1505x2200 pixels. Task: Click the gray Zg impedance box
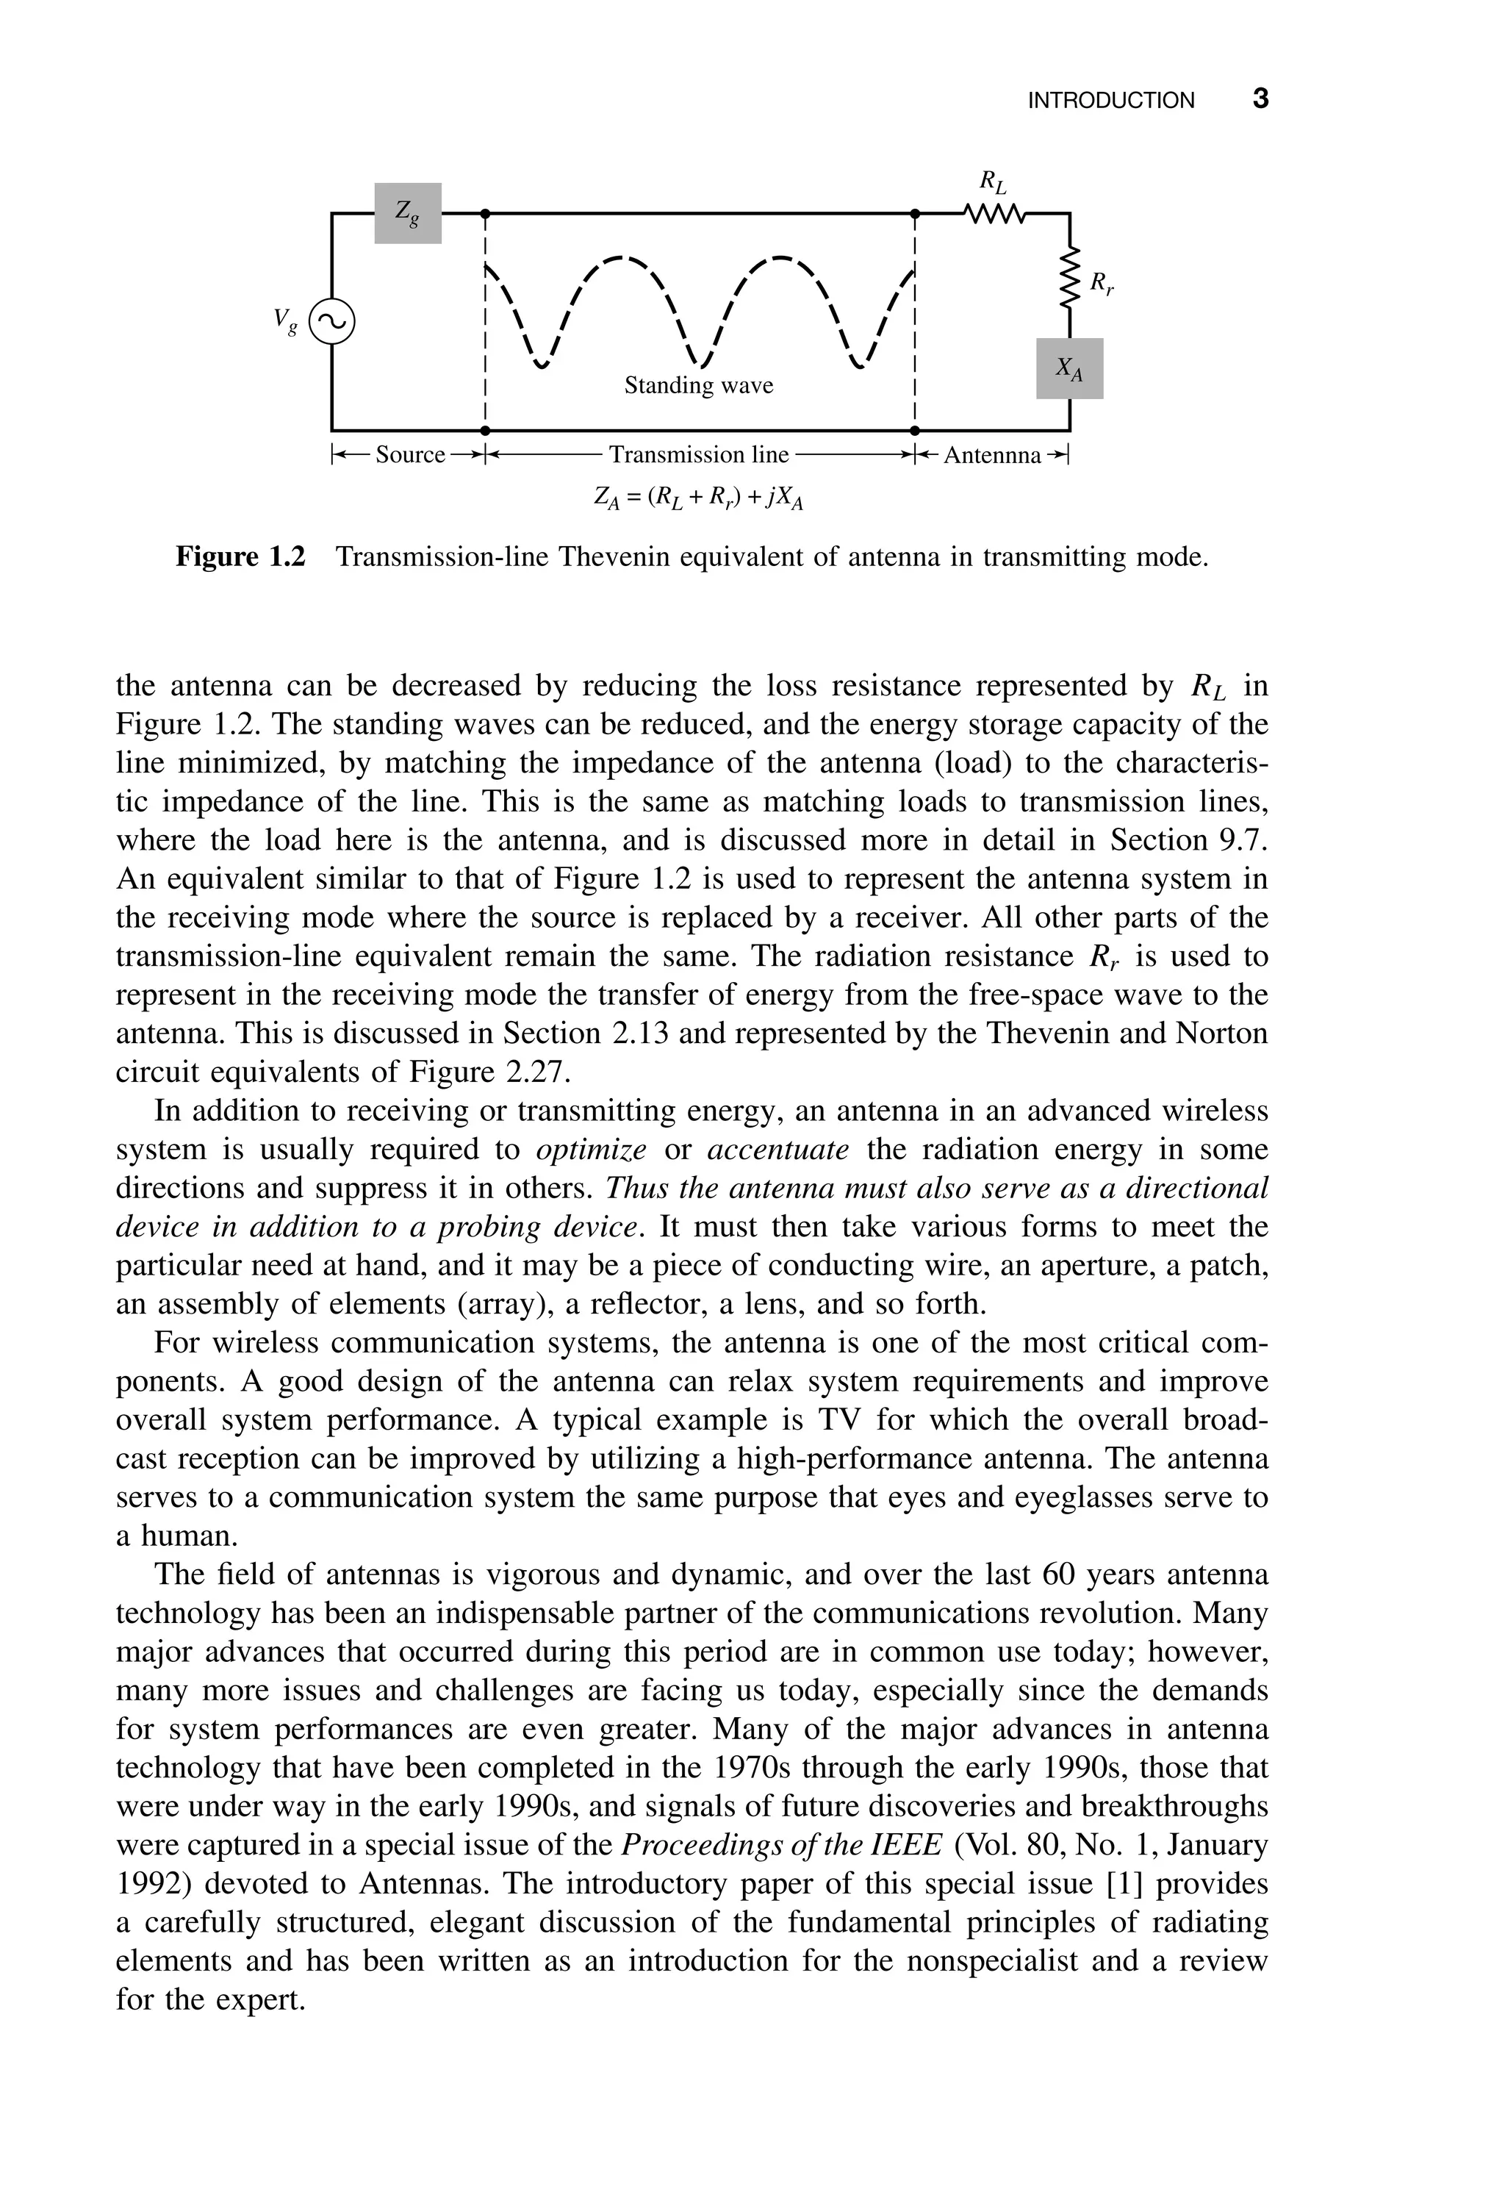(x=407, y=213)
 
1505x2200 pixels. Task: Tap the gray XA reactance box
(x=1068, y=368)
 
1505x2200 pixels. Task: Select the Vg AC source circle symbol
(x=331, y=323)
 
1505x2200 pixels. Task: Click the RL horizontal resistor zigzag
(x=994, y=214)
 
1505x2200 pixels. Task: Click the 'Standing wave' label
(x=699, y=385)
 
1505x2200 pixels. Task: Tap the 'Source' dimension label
(x=410, y=455)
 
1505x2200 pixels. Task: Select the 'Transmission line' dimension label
(x=699, y=455)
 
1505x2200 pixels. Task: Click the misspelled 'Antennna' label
(x=992, y=455)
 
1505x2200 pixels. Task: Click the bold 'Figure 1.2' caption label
(x=240, y=556)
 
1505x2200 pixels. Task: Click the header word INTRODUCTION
(x=1111, y=101)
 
